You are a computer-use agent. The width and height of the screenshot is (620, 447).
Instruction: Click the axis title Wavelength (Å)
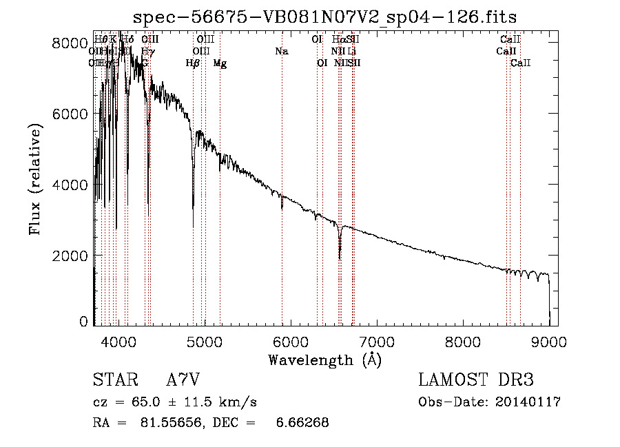pyautogui.click(x=324, y=360)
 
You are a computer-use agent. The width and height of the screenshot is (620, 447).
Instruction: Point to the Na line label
pyautogui.click(x=281, y=52)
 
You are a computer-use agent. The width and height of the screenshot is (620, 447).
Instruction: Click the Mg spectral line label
pyautogui.click(x=220, y=63)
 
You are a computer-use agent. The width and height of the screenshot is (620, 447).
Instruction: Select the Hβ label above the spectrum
pyautogui.click(x=193, y=63)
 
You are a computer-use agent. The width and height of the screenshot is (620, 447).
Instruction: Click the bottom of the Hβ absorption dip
pyautogui.click(x=193, y=226)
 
